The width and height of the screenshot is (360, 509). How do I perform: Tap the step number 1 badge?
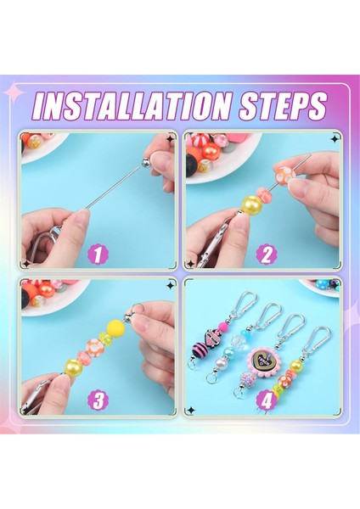click(98, 255)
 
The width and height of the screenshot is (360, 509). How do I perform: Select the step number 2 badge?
click(266, 255)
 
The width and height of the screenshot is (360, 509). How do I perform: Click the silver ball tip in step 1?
click(146, 162)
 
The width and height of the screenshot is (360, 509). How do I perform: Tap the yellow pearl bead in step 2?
click(251, 205)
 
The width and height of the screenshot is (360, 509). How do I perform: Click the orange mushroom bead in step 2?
click(284, 175)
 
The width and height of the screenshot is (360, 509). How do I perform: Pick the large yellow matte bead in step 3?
click(116, 328)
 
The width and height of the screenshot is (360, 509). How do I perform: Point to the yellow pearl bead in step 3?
click(74, 366)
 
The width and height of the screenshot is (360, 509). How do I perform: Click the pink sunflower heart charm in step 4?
click(263, 361)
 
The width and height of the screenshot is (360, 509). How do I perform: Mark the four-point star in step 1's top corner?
click(170, 139)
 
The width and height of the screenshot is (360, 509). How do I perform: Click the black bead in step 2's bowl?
click(193, 165)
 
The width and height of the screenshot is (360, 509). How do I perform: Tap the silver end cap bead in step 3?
click(129, 316)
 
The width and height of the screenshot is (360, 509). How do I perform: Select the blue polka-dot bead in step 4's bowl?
click(323, 284)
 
